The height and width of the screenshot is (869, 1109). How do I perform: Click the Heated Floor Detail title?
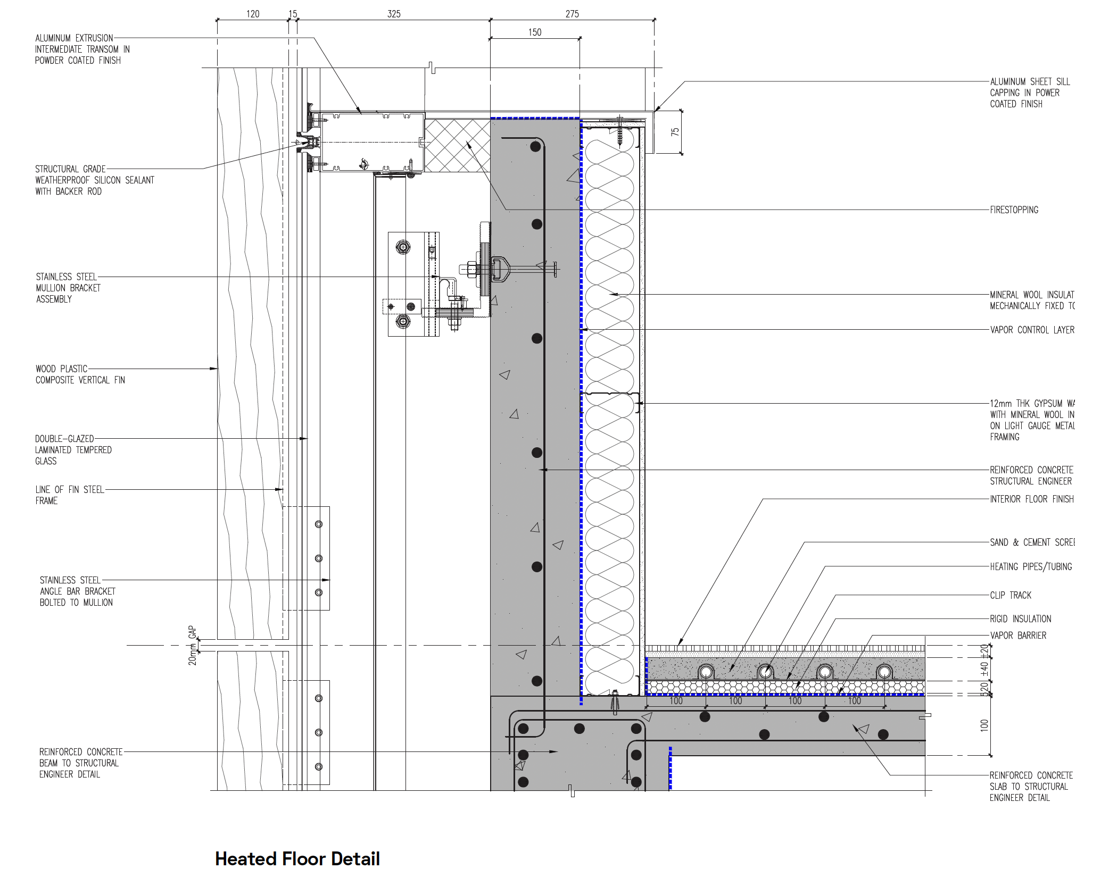(297, 858)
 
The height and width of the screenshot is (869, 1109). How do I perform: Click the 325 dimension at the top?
(394, 14)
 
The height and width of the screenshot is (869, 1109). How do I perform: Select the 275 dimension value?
(572, 14)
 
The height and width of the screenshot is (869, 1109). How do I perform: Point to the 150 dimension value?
(535, 32)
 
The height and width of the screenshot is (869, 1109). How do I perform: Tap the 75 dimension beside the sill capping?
(675, 132)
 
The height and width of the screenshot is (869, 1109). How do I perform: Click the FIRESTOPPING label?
(1014, 210)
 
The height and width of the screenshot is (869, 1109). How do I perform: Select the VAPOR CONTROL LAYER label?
(1032, 330)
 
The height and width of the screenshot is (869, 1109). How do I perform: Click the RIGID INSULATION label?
(1020, 619)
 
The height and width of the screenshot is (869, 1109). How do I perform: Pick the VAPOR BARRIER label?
(1017, 636)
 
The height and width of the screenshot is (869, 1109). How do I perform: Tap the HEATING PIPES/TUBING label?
(1030, 566)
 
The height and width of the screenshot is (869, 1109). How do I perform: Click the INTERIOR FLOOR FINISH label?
(1031, 499)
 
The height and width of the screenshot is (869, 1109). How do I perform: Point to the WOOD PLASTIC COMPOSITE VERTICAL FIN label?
(80, 374)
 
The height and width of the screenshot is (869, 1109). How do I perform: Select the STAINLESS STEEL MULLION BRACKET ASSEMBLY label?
(68, 288)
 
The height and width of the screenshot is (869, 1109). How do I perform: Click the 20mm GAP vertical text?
(192, 645)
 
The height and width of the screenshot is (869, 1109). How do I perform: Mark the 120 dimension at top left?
(253, 14)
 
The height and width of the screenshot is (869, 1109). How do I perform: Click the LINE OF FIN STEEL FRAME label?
(70, 495)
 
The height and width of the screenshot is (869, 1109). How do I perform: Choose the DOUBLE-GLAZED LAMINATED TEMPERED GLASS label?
(73, 449)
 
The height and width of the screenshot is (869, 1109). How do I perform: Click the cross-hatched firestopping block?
(457, 145)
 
